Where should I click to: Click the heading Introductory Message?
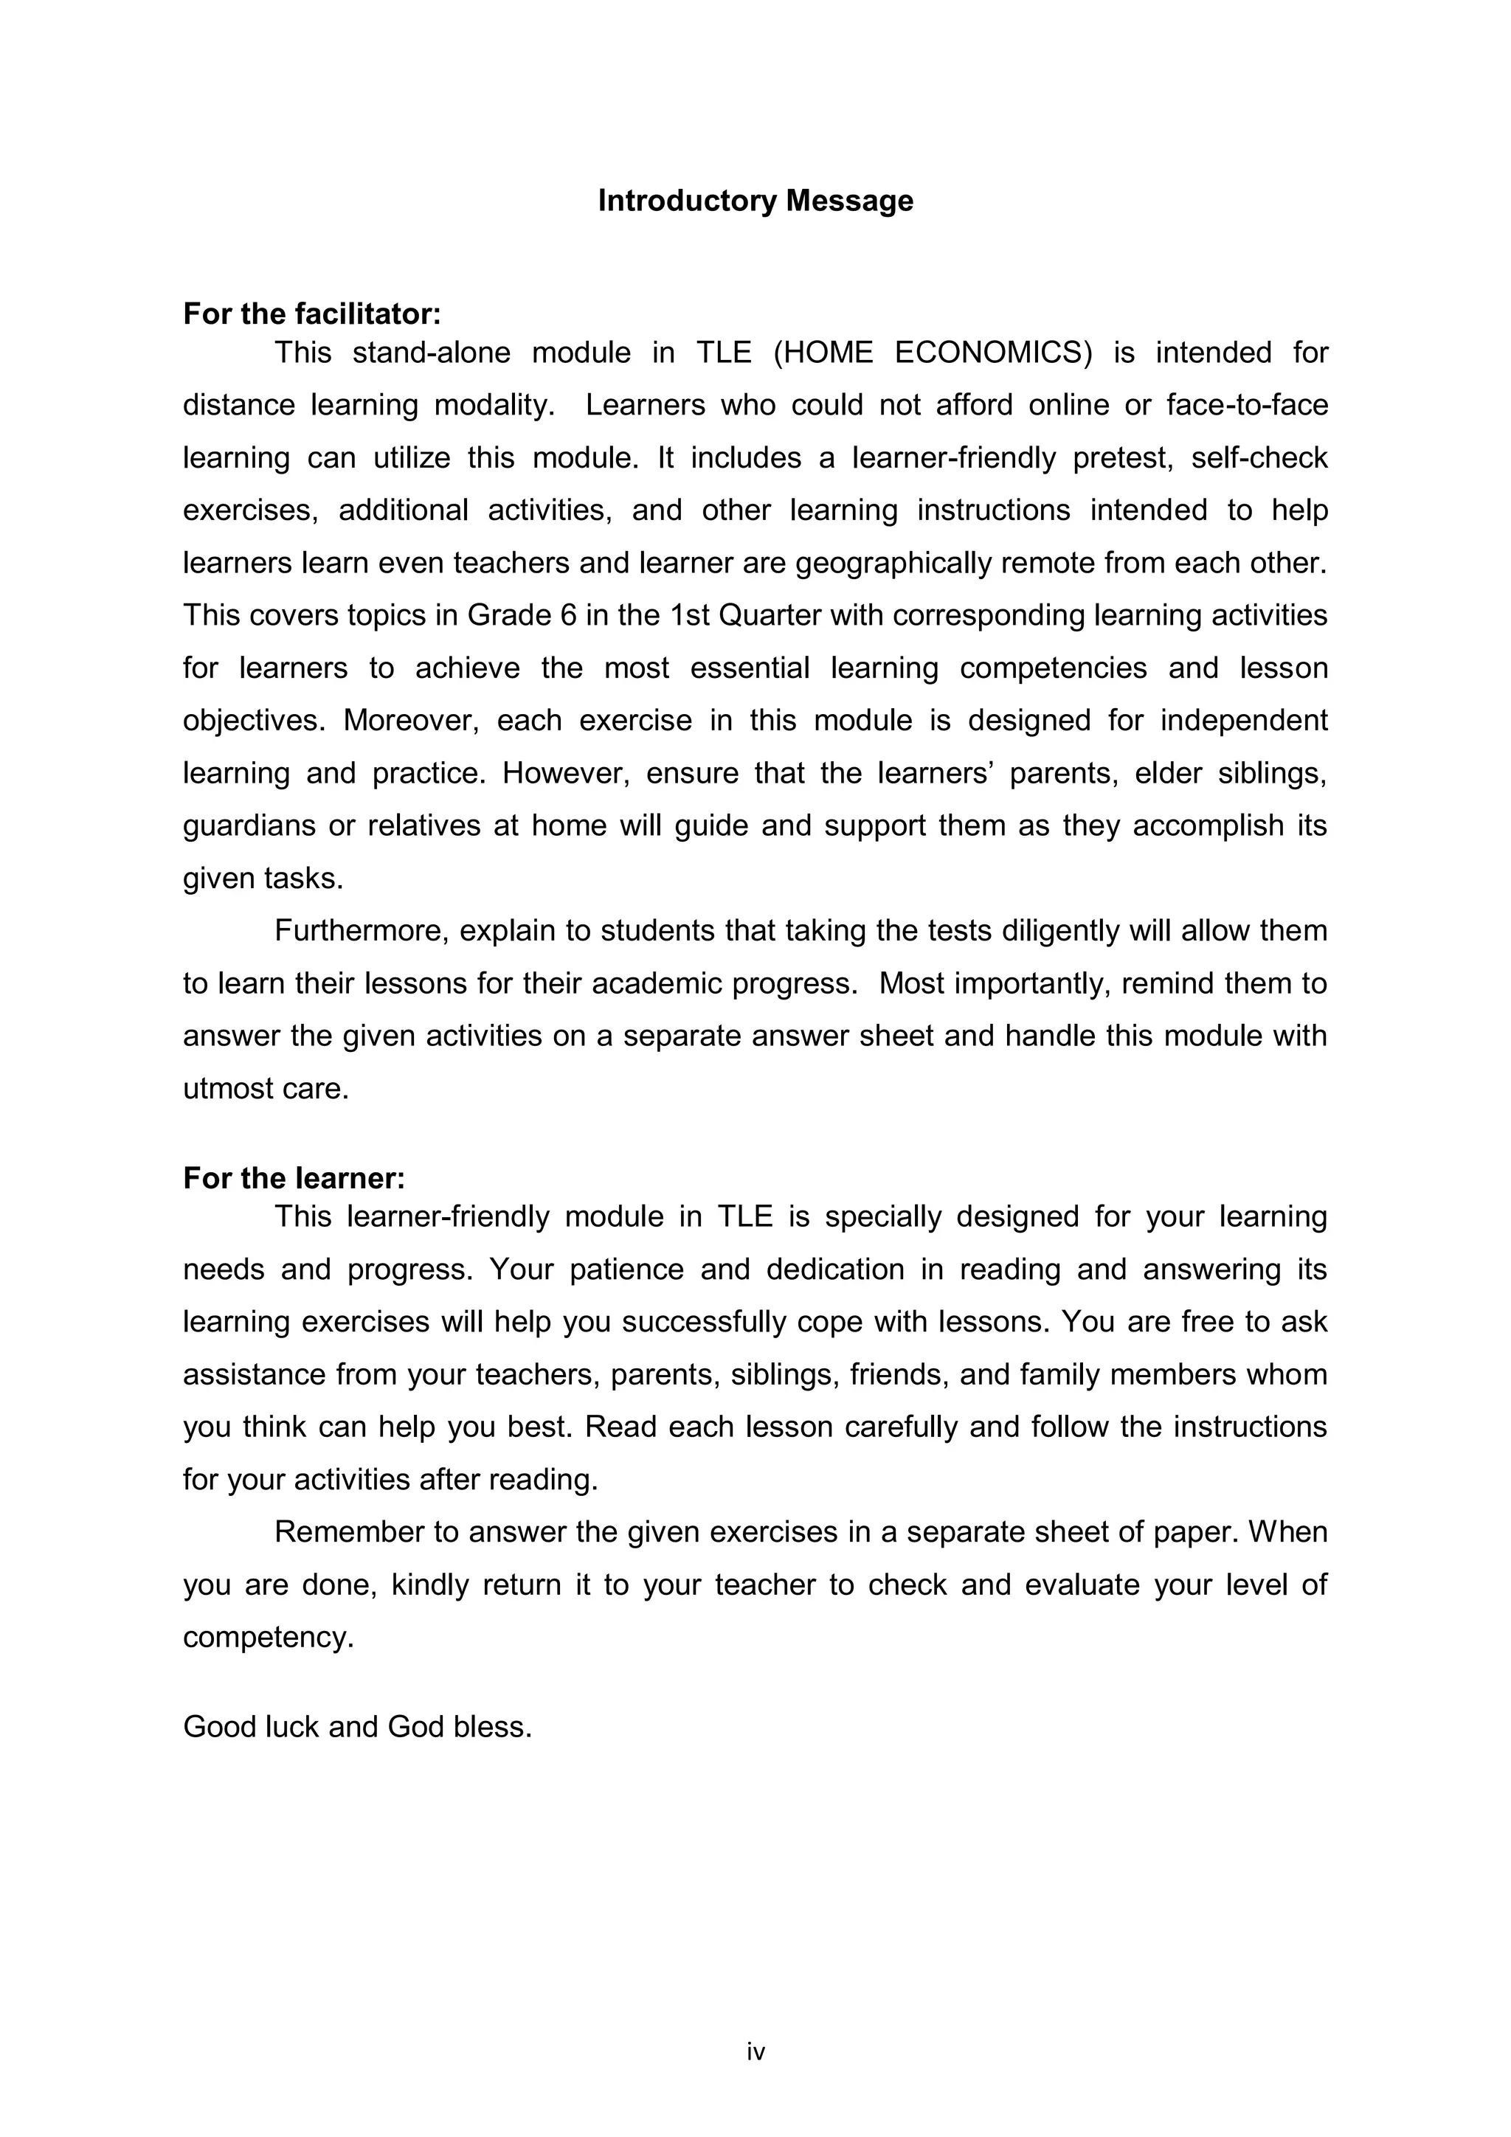coord(755,201)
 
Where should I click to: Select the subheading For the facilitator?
coord(312,314)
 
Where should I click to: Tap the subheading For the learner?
coord(294,1178)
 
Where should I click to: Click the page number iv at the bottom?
coord(755,2051)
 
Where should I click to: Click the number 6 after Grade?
coord(568,615)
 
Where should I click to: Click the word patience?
coord(626,1270)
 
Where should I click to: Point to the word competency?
coord(268,1637)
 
